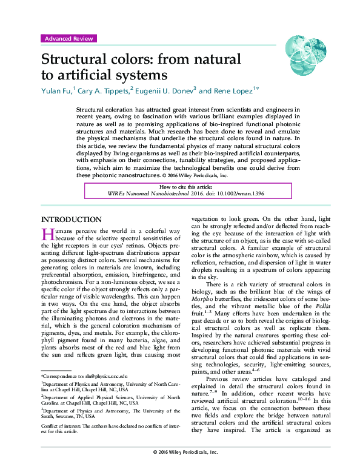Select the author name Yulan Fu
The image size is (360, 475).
56,90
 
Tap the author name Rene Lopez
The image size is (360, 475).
234,90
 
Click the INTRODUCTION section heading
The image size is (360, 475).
70,220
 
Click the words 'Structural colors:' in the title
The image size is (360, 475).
96,60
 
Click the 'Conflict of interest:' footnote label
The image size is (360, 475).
62,426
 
